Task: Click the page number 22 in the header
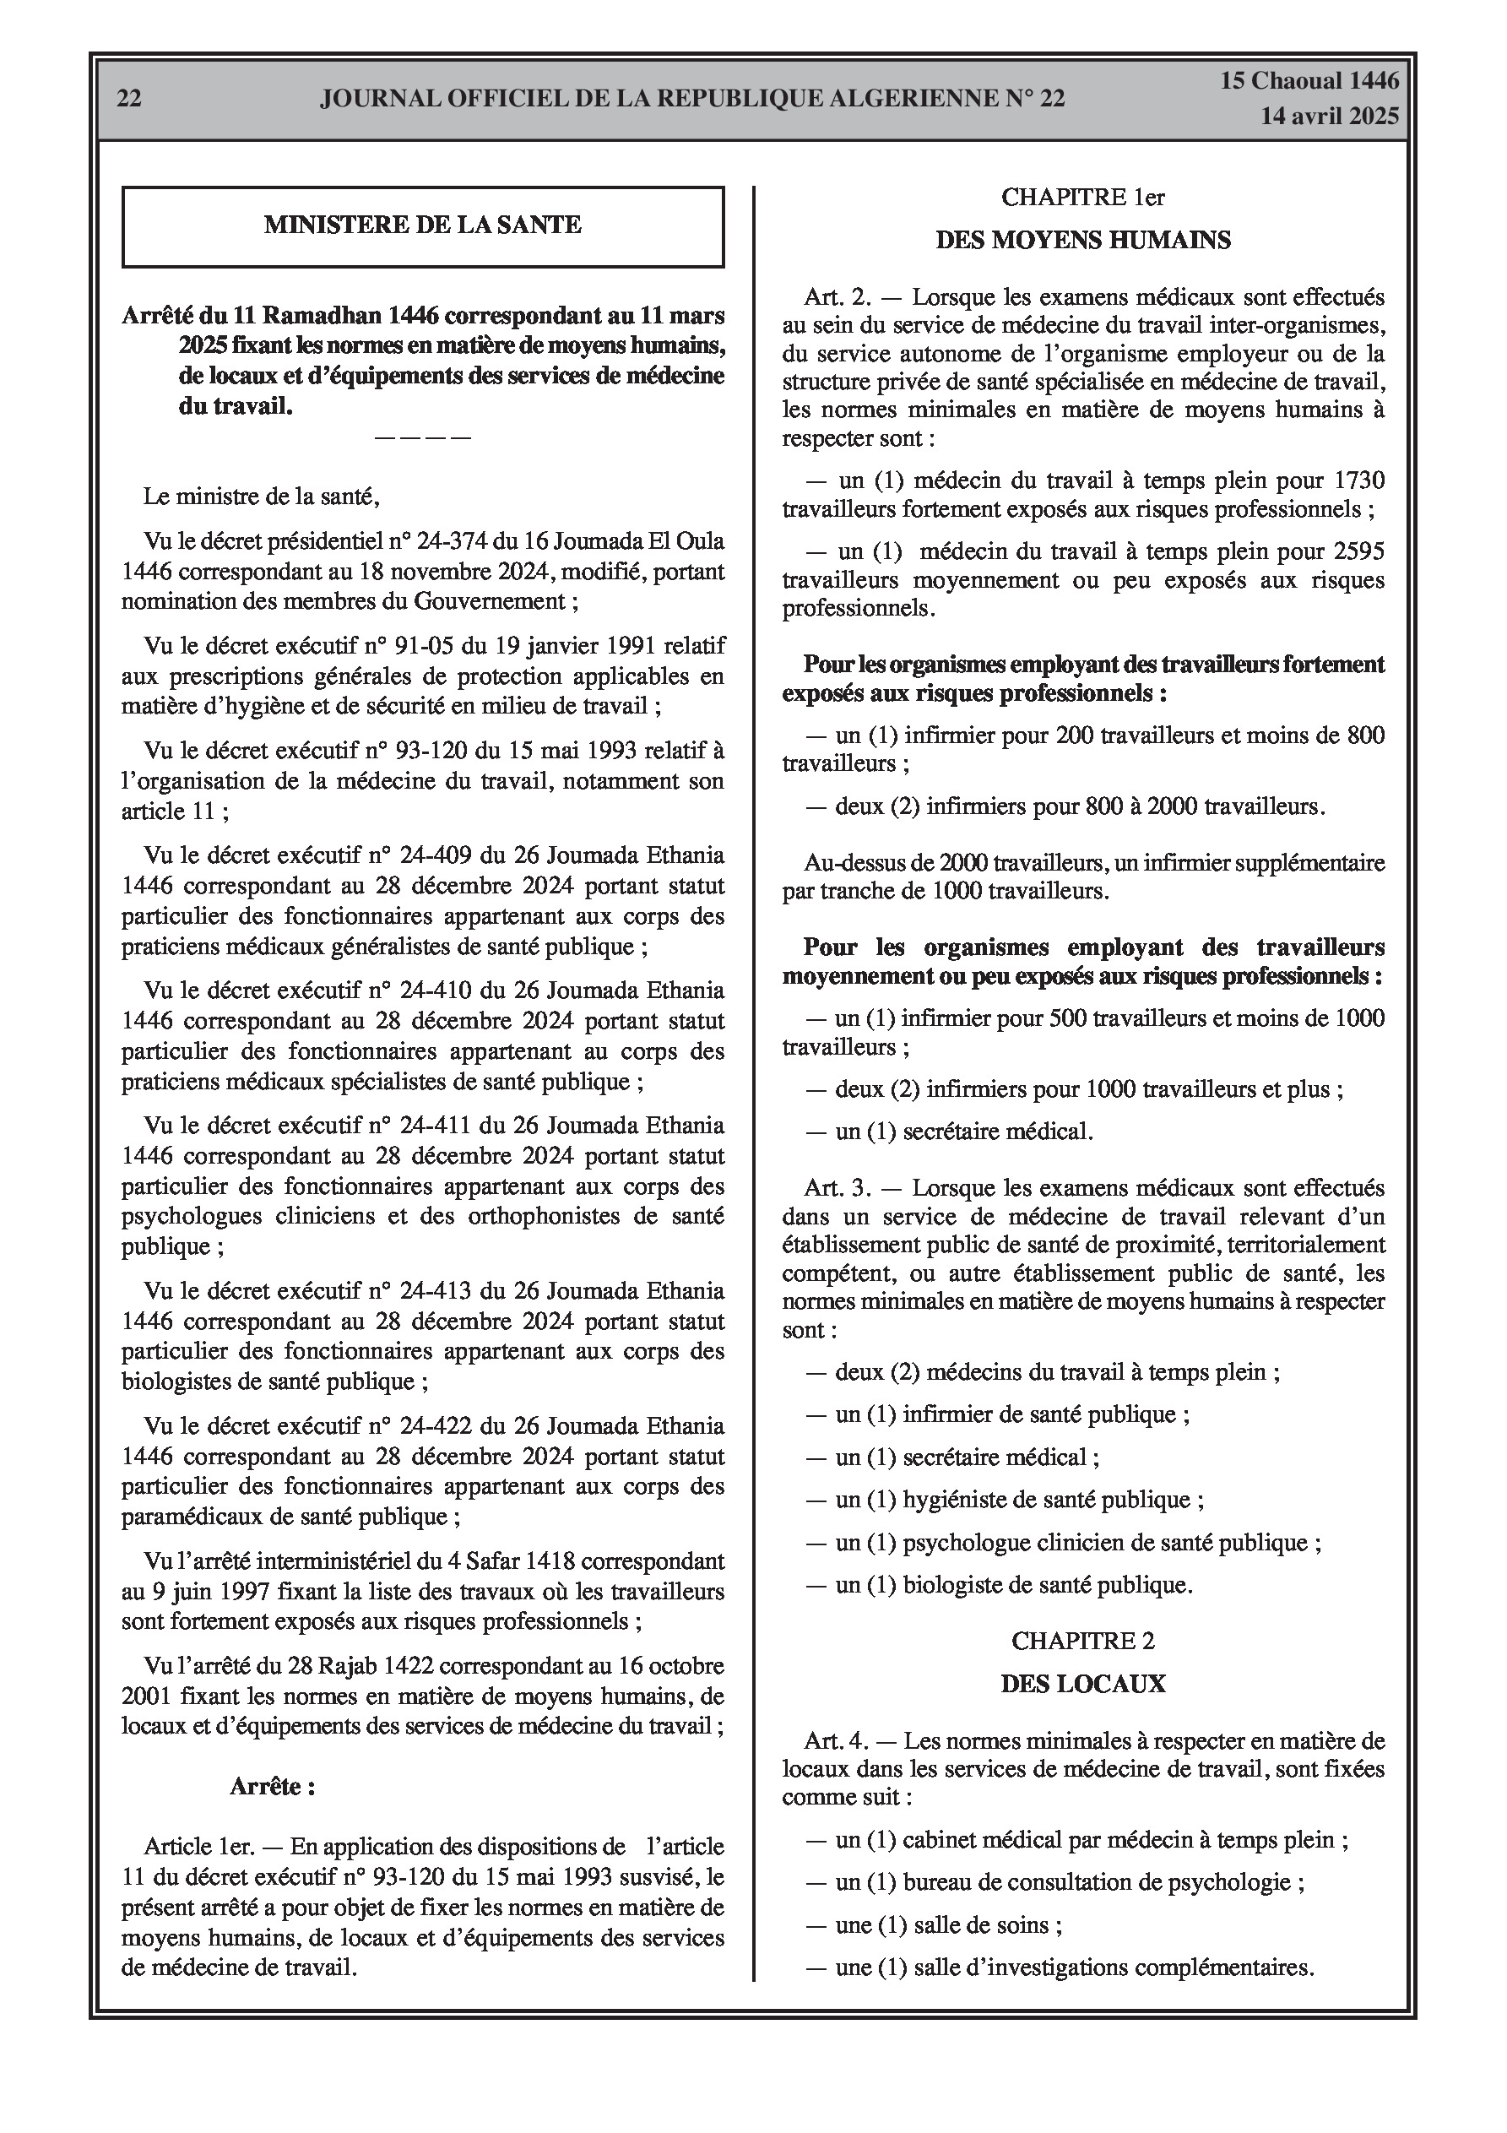coord(129,99)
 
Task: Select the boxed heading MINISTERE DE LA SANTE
coord(423,225)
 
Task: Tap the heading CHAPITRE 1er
coord(1082,197)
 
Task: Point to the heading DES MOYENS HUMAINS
coord(1082,241)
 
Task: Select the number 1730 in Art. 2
coord(1358,480)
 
